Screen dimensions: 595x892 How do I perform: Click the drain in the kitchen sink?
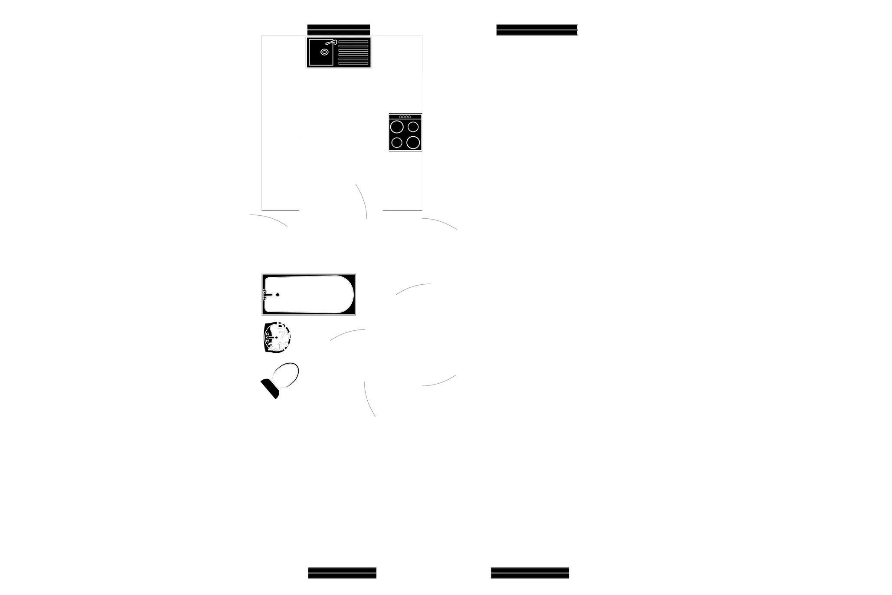pyautogui.click(x=324, y=52)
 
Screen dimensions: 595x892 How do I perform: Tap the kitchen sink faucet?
pyautogui.click(x=332, y=42)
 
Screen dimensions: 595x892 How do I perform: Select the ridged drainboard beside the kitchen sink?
pyautogui.click(x=353, y=53)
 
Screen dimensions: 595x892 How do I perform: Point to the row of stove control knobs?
pyautogui.click(x=405, y=117)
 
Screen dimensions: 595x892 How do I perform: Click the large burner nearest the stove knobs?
pyautogui.click(x=396, y=127)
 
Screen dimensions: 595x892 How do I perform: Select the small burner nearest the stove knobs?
pyautogui.click(x=413, y=127)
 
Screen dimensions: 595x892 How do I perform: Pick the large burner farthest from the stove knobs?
pyautogui.click(x=413, y=142)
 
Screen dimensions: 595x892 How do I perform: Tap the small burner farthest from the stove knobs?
pyautogui.click(x=396, y=142)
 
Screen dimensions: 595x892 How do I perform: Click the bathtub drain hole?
pyautogui.click(x=278, y=295)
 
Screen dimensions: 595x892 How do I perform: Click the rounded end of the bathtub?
pyautogui.click(x=345, y=294)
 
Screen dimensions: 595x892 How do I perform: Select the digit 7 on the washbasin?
pyautogui.click(x=282, y=335)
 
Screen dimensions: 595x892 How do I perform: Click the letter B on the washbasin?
pyautogui.click(x=281, y=325)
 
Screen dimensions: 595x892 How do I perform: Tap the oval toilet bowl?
pyautogui.click(x=285, y=374)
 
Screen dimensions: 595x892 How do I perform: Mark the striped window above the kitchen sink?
pyautogui.click(x=338, y=29)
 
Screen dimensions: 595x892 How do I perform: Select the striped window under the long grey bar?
pyautogui.click(x=537, y=30)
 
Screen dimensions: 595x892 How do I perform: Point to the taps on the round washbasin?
pyautogui.click(x=268, y=337)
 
